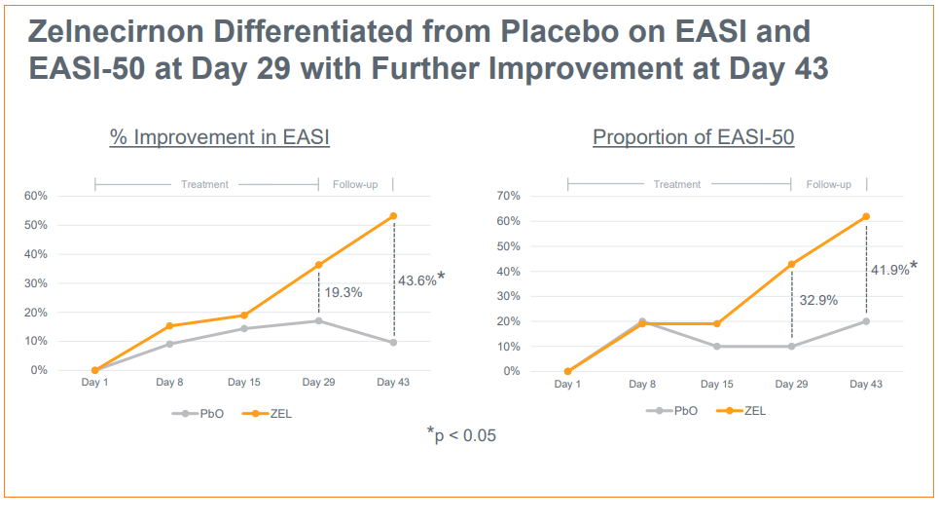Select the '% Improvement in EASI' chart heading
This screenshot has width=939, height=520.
pos(220,137)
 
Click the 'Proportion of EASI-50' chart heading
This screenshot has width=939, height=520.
pos(693,137)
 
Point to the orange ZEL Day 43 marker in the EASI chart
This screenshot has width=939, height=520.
pos(393,216)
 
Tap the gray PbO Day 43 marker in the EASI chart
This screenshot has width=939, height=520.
pos(393,342)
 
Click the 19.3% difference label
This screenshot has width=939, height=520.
pos(343,291)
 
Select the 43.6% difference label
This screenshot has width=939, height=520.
pos(416,280)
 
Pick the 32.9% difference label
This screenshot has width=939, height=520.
pos(818,300)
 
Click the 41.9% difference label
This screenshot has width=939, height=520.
pos(889,270)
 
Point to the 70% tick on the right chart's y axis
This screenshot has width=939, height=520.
pos(509,196)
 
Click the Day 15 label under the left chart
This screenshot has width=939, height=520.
pos(244,383)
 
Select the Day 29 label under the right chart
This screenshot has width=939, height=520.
pos(791,384)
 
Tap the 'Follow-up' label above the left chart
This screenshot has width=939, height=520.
pos(356,184)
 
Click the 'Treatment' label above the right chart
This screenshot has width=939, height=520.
pos(677,184)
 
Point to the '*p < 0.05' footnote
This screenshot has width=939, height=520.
pos(461,434)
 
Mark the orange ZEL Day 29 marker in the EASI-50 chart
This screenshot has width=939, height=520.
pos(791,264)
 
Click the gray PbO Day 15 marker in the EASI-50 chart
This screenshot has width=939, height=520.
pos(716,346)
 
